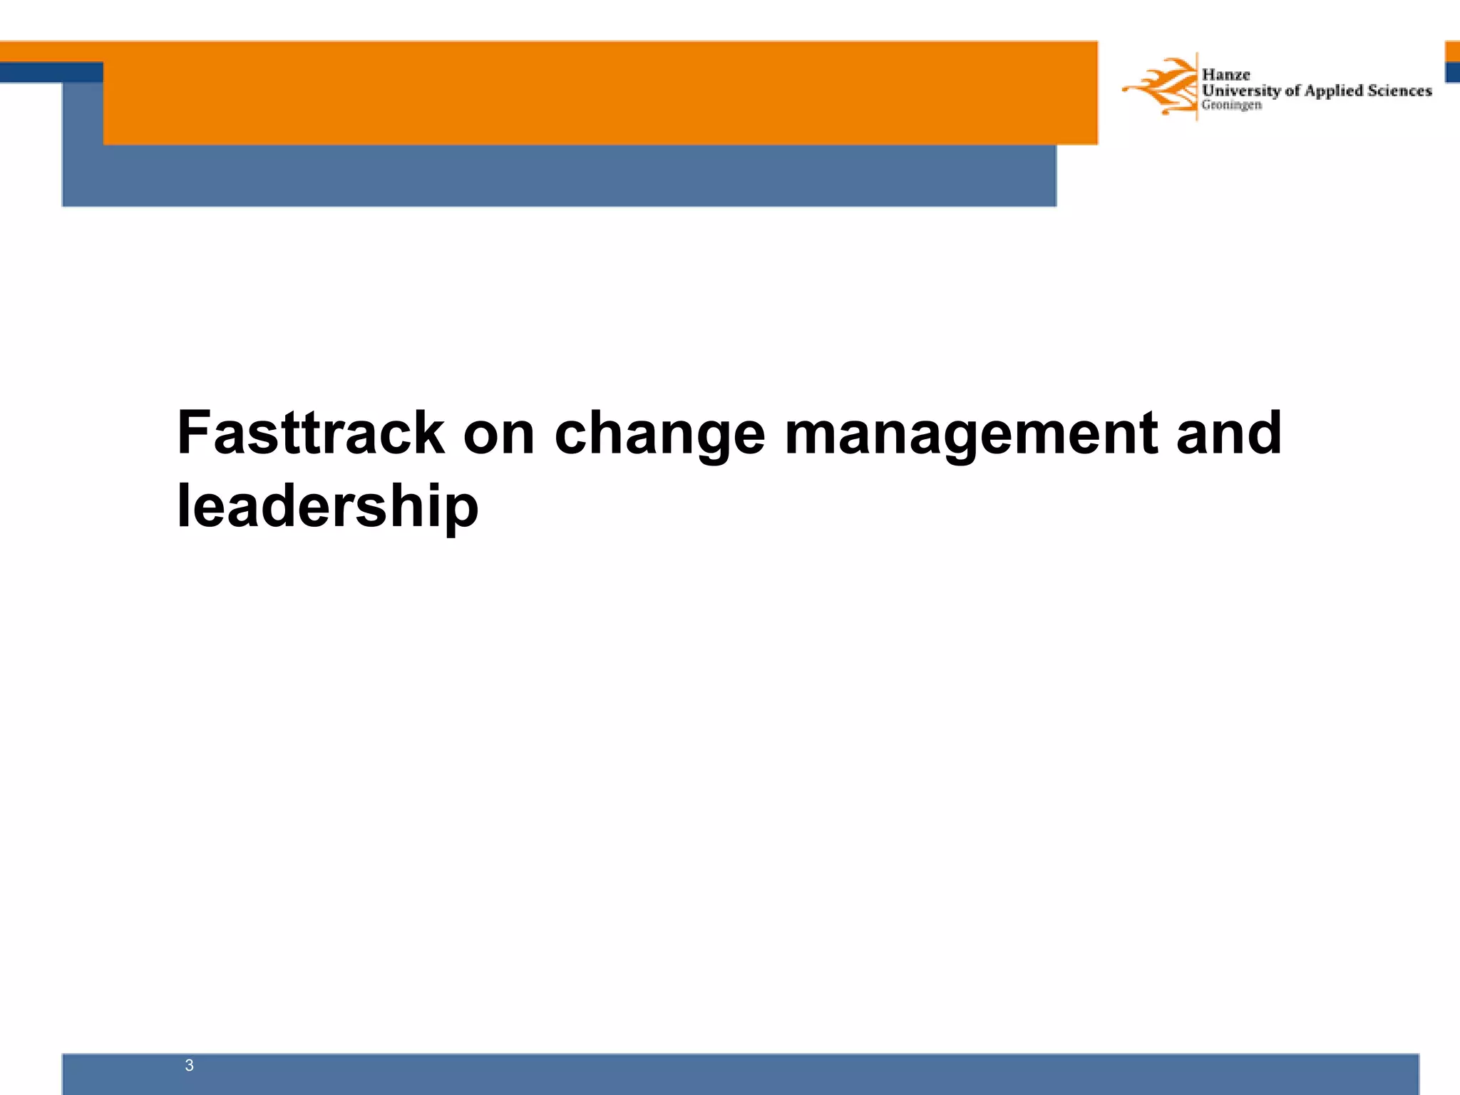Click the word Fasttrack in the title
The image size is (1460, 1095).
point(311,433)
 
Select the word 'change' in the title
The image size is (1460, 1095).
point(659,435)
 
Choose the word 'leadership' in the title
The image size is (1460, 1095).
point(327,507)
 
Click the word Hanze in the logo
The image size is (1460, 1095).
point(1225,74)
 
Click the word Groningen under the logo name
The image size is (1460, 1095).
point(1231,105)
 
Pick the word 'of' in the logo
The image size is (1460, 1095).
point(1292,91)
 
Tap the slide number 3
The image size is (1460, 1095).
point(189,1065)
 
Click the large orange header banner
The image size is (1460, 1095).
point(599,93)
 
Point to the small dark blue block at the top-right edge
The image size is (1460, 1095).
point(1452,72)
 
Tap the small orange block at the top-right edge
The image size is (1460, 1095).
point(1452,51)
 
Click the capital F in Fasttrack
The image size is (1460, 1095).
point(193,433)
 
